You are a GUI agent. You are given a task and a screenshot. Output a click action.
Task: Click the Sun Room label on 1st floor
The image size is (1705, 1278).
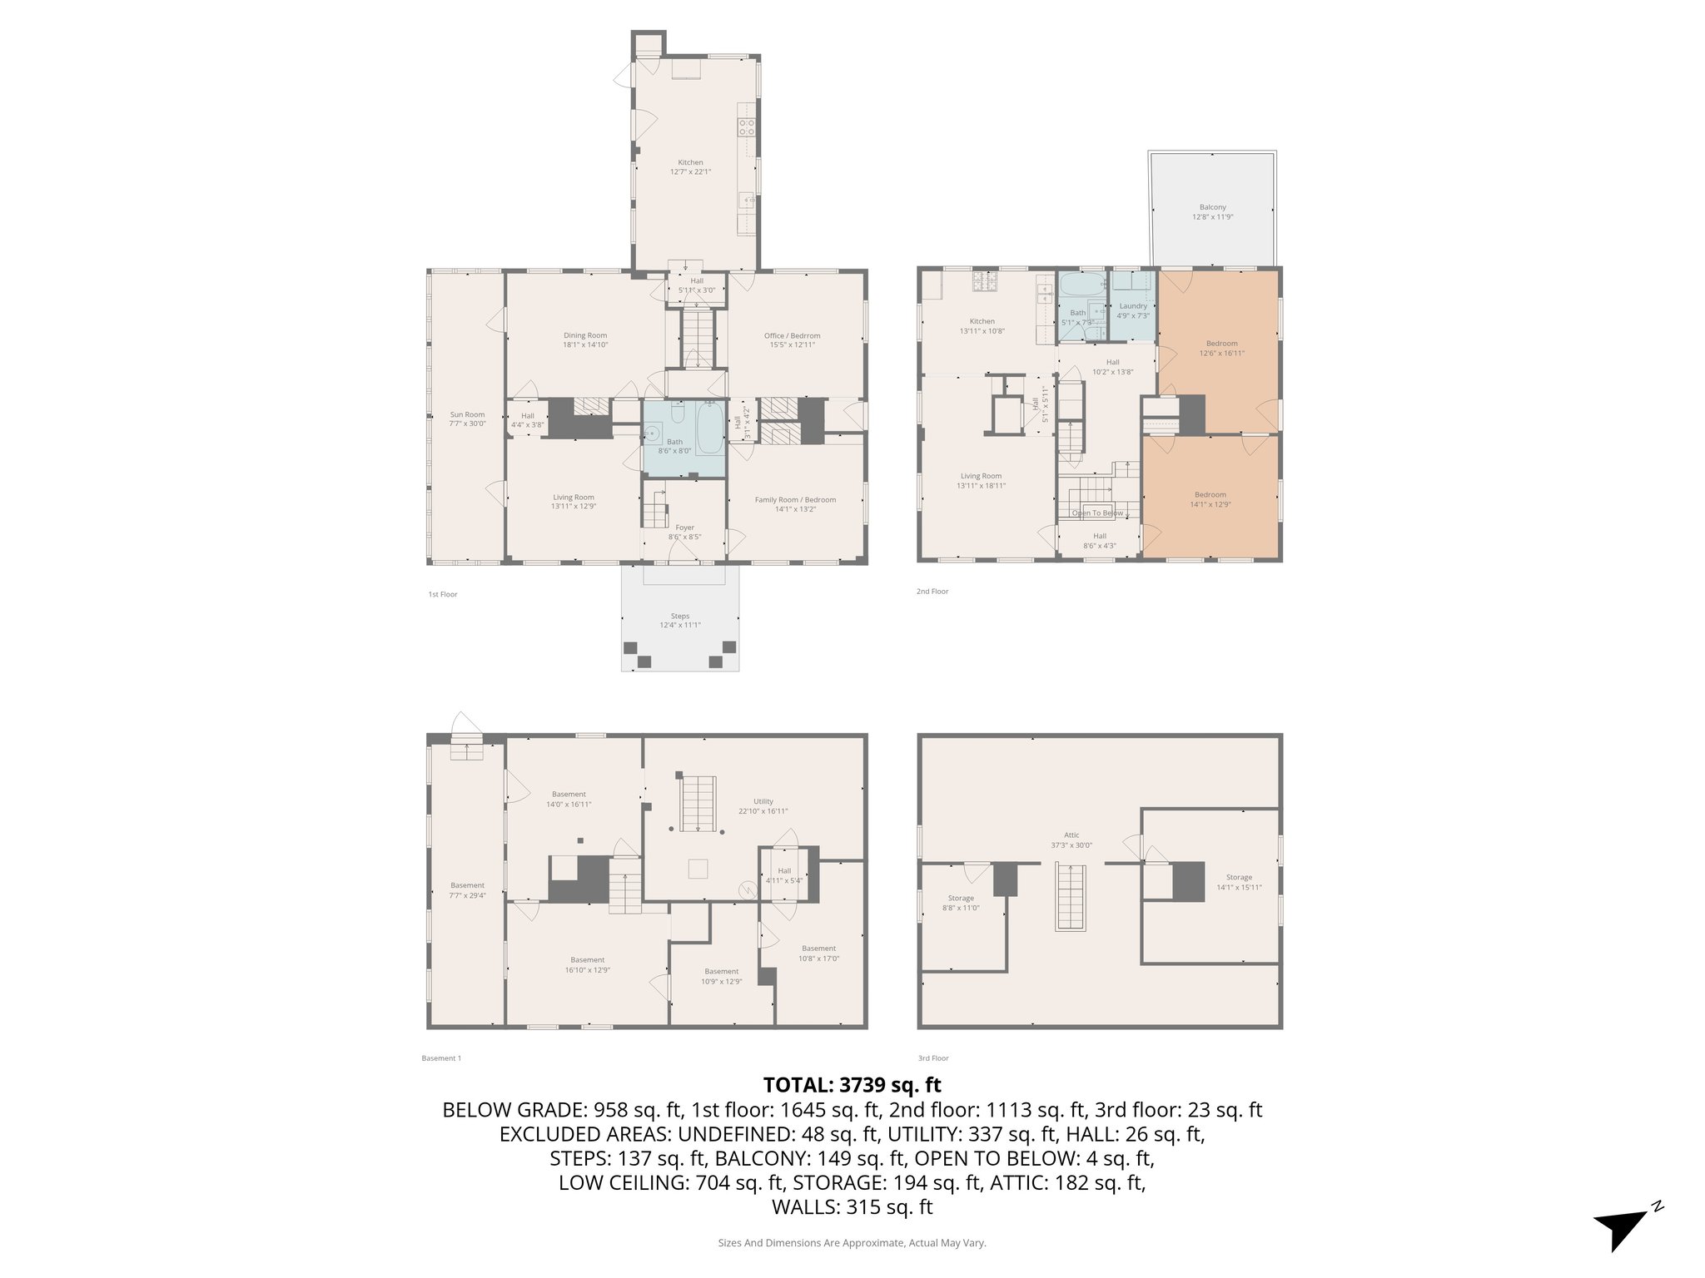(467, 419)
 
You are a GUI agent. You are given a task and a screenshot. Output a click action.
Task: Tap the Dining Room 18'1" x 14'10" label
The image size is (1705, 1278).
(585, 339)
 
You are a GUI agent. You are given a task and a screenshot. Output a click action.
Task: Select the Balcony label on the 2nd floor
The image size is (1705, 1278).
(1212, 211)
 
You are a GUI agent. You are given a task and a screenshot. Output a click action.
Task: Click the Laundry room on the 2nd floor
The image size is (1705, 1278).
(1133, 310)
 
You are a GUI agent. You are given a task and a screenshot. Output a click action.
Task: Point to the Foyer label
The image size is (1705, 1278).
(684, 532)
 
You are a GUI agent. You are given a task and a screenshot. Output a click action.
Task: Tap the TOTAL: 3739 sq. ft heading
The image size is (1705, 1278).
(852, 1085)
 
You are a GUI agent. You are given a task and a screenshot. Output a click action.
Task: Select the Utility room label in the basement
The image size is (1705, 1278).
(763, 805)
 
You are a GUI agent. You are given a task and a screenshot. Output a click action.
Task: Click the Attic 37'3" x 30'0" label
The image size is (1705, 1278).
(1071, 840)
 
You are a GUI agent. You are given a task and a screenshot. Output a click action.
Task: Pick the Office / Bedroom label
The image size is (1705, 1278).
(792, 339)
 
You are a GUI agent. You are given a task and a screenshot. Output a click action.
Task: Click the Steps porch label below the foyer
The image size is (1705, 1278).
(680, 620)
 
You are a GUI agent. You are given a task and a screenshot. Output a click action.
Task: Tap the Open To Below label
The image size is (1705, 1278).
(1097, 513)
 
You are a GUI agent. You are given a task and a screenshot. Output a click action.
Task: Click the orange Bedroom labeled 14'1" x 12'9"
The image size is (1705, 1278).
(1210, 498)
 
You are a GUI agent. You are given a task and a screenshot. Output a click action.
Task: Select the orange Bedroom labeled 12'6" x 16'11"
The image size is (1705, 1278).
(1221, 348)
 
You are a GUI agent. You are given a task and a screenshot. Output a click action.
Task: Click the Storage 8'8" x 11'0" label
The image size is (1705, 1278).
(961, 903)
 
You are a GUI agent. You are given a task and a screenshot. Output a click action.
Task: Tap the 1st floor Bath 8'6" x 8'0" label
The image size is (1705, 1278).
(674, 446)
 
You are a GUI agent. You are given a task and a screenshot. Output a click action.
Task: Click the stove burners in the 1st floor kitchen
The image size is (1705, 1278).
(747, 127)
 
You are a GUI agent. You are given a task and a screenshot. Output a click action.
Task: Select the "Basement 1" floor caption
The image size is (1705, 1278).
(441, 1058)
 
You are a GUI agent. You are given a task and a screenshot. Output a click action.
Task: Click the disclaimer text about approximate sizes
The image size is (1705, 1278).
(852, 1243)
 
